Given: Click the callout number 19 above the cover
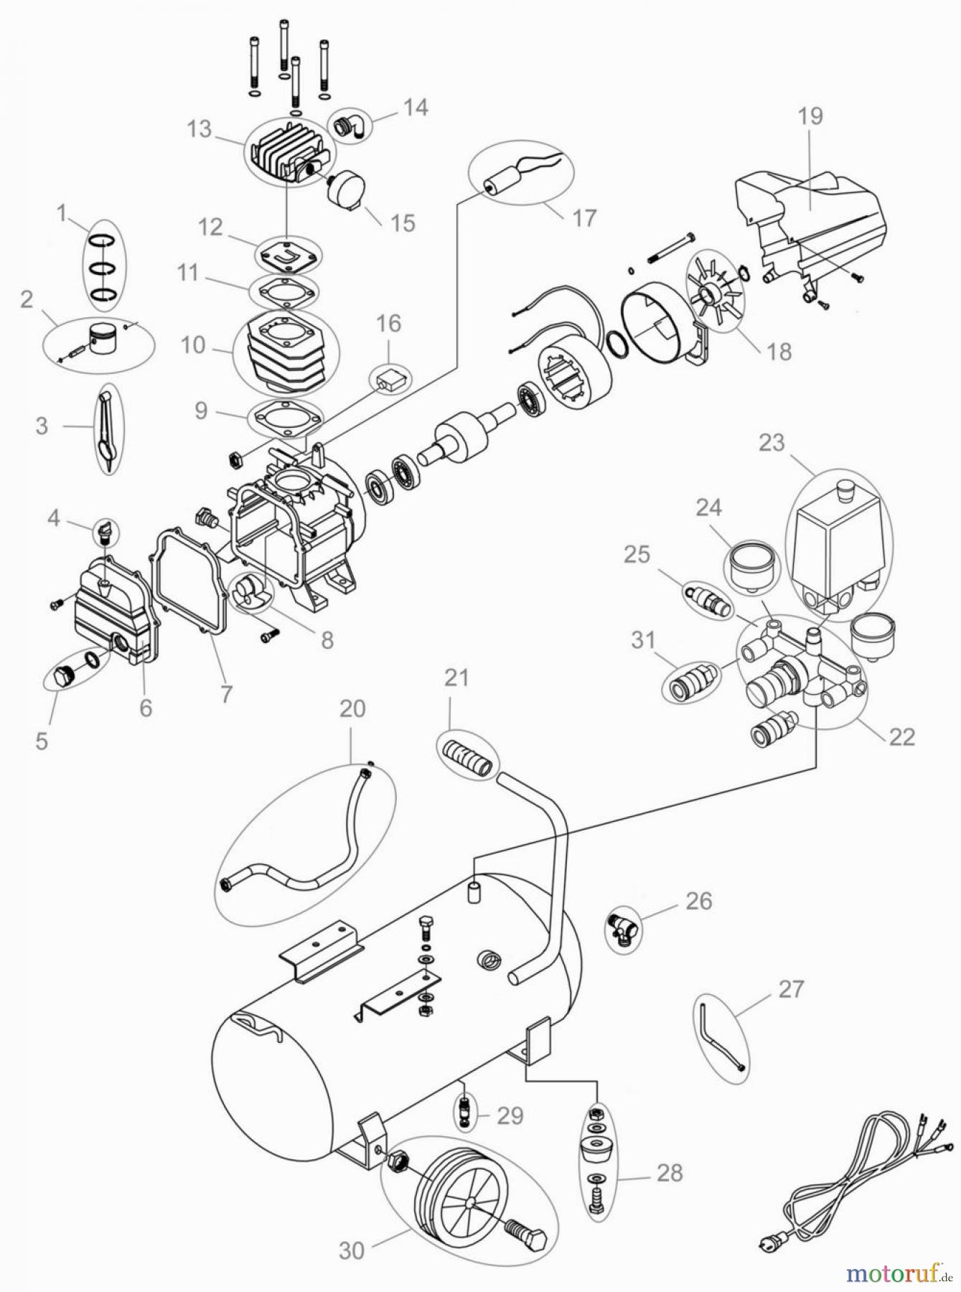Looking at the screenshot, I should pos(810,116).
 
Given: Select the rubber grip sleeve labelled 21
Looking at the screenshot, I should pos(467,757).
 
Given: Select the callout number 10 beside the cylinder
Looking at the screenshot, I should pos(193,345).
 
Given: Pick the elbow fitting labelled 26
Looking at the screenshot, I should pos(621,929).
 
